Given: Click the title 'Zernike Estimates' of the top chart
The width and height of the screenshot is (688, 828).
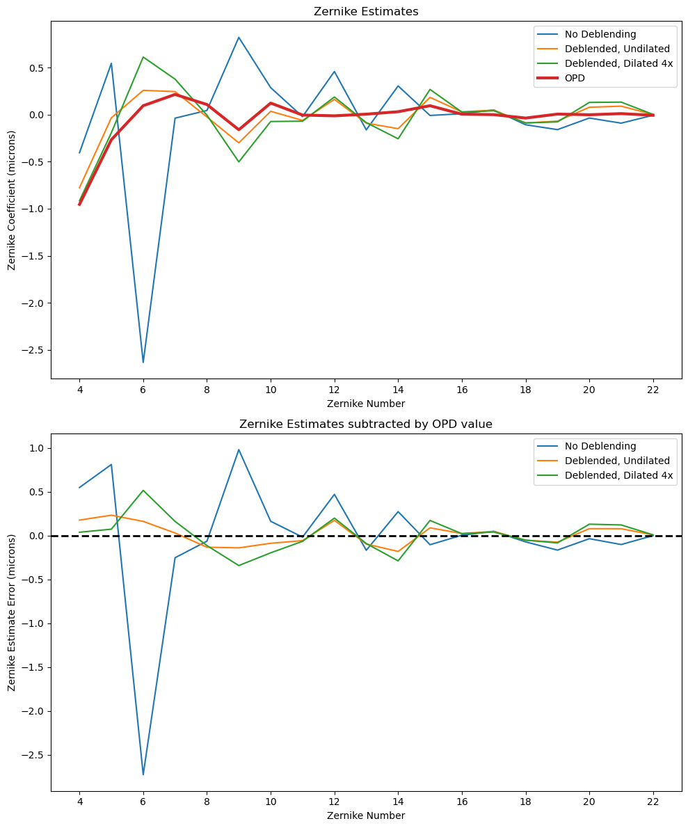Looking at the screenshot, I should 366,11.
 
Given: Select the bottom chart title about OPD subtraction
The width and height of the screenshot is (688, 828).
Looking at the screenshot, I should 366,424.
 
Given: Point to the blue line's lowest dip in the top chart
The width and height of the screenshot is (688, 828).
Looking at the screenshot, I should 143,363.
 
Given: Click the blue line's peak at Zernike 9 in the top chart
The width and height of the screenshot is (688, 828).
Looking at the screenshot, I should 239,38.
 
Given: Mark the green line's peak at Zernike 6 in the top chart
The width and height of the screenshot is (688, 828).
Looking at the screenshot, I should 143,57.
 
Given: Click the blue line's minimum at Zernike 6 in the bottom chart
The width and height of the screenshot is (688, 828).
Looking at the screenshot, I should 143,774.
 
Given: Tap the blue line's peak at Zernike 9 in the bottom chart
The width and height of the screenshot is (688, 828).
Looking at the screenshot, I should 239,449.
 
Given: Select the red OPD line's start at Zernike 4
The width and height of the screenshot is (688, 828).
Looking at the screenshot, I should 79,205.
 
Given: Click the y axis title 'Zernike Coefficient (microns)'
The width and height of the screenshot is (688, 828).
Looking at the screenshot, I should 12,199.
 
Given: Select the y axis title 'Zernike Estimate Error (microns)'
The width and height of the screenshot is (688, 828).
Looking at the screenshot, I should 12,612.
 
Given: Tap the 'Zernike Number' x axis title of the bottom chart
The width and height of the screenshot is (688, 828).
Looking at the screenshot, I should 366,815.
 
